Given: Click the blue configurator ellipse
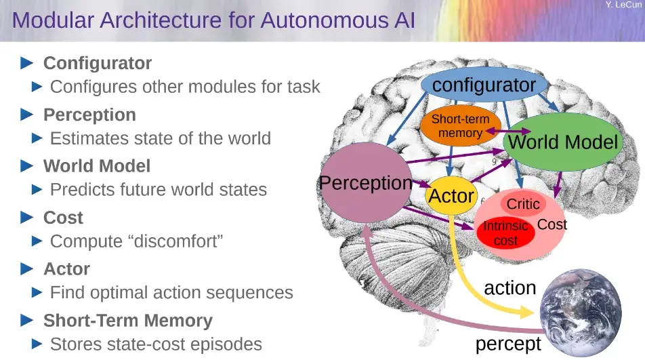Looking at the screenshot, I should (x=484, y=85).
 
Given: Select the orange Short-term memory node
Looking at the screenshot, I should (x=460, y=126).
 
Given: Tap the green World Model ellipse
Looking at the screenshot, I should (x=563, y=142).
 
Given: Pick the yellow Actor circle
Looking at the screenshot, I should (x=451, y=196).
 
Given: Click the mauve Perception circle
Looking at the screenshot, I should (x=366, y=183).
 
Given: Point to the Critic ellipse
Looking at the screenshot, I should (x=523, y=204).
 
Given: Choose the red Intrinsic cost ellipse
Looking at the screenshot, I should (x=505, y=233).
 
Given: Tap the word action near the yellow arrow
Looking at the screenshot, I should (x=509, y=287).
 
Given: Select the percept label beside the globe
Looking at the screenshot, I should (x=508, y=344).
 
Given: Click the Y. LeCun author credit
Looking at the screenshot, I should (x=623, y=5).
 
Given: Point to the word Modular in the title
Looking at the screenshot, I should (x=55, y=20).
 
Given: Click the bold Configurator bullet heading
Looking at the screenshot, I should (x=98, y=63).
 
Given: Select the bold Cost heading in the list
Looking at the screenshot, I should (x=63, y=218).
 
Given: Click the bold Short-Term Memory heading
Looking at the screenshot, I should (x=127, y=321).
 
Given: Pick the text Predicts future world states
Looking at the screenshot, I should (x=159, y=190).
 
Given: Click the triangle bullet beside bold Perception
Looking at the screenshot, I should (x=27, y=115).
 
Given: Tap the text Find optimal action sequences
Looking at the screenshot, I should (x=171, y=293).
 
